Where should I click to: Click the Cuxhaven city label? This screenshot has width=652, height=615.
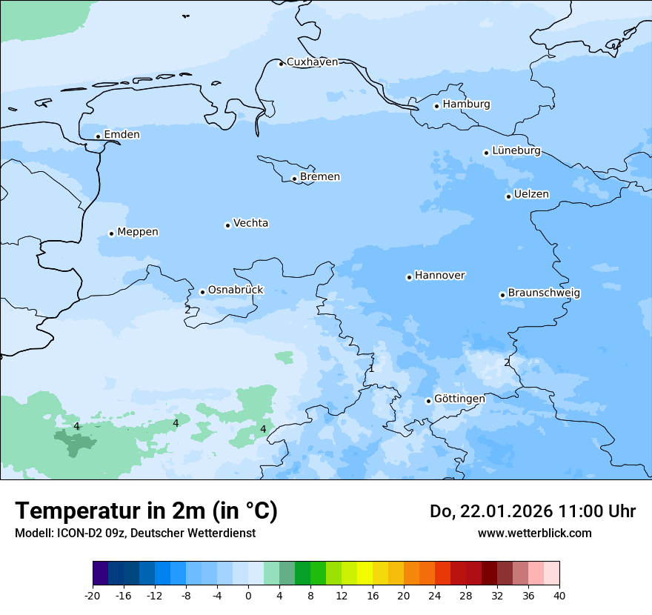[312, 62]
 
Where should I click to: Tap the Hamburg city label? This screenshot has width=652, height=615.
[466, 104]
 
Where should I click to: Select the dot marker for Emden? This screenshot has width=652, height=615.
[98, 136]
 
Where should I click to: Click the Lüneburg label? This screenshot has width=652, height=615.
[516, 151]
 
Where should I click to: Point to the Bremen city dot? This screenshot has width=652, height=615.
[294, 179]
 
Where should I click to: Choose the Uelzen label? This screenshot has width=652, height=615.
[531, 195]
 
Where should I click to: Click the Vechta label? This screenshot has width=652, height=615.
[250, 223]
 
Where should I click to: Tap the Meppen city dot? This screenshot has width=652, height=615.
[111, 233]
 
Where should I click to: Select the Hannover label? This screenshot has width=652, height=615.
[439, 276]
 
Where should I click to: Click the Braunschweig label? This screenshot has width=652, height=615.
[544, 293]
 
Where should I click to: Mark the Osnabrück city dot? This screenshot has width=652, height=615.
[202, 292]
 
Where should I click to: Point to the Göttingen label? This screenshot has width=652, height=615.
[459, 399]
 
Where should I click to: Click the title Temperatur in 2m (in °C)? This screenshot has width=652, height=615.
[146, 511]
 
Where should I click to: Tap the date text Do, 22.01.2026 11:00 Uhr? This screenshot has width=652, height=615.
[532, 511]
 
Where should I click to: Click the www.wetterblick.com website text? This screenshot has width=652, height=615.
[534, 533]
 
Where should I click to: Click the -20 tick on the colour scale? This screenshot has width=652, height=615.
[93, 595]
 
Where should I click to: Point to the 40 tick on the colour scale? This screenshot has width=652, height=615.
[559, 595]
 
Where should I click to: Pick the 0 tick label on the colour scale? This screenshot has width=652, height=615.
[248, 595]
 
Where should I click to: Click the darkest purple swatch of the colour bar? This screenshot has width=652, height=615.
[100, 574]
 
